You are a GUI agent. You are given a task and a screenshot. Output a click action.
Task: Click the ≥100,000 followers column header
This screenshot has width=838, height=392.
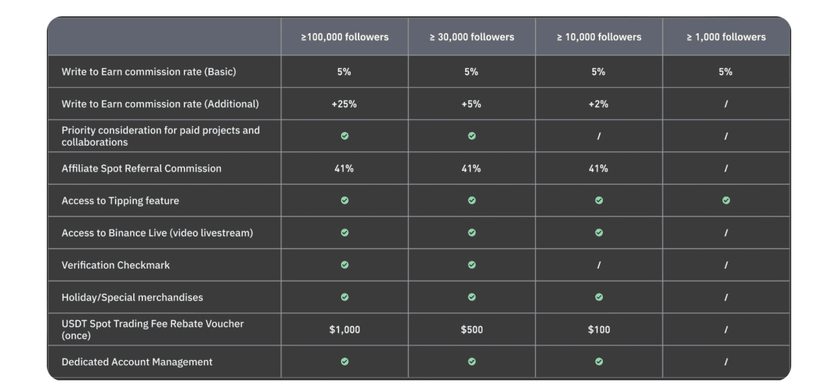[344, 37]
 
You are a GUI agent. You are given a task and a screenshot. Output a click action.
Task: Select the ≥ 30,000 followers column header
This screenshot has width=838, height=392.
[472, 37]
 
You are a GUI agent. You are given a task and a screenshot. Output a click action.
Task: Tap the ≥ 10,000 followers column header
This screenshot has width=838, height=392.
[598, 37]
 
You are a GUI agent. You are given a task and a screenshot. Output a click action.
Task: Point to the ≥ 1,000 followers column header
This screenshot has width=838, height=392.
[726, 37]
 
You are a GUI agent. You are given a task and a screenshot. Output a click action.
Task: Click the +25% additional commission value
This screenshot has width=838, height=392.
[344, 104]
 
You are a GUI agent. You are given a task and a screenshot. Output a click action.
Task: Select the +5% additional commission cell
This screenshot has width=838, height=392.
[472, 104]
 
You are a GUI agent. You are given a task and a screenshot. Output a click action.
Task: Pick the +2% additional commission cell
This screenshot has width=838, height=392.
[598, 104]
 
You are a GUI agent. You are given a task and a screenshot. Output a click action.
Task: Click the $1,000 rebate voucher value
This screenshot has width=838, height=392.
[344, 330]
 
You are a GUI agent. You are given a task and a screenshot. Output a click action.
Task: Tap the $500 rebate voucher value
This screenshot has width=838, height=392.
[472, 330]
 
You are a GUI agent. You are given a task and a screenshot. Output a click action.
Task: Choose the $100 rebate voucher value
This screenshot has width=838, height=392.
[598, 330]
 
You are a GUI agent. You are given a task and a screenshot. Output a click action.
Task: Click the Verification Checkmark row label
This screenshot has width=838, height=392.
[116, 265]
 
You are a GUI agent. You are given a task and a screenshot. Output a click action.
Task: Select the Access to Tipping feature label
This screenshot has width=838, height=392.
[120, 201]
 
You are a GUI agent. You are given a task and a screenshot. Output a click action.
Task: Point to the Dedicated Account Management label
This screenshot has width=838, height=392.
[137, 362]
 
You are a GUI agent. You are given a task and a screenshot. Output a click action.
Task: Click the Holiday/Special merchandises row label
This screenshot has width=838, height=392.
[132, 298]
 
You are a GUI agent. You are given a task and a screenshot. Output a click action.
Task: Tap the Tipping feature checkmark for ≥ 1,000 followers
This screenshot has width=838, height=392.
[726, 201]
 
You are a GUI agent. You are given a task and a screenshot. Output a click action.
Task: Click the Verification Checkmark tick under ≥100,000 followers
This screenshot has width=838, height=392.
[344, 265]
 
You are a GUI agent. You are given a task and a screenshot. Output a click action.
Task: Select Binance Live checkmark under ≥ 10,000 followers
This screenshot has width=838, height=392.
[598, 233]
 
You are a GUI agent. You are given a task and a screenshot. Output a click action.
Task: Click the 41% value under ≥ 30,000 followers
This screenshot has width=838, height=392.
[472, 168]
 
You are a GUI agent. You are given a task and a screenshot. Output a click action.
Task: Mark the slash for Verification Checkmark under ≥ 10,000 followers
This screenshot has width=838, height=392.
[598, 265]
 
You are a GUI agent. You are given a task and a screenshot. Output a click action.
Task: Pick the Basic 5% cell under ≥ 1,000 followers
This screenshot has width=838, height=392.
[726, 72]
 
